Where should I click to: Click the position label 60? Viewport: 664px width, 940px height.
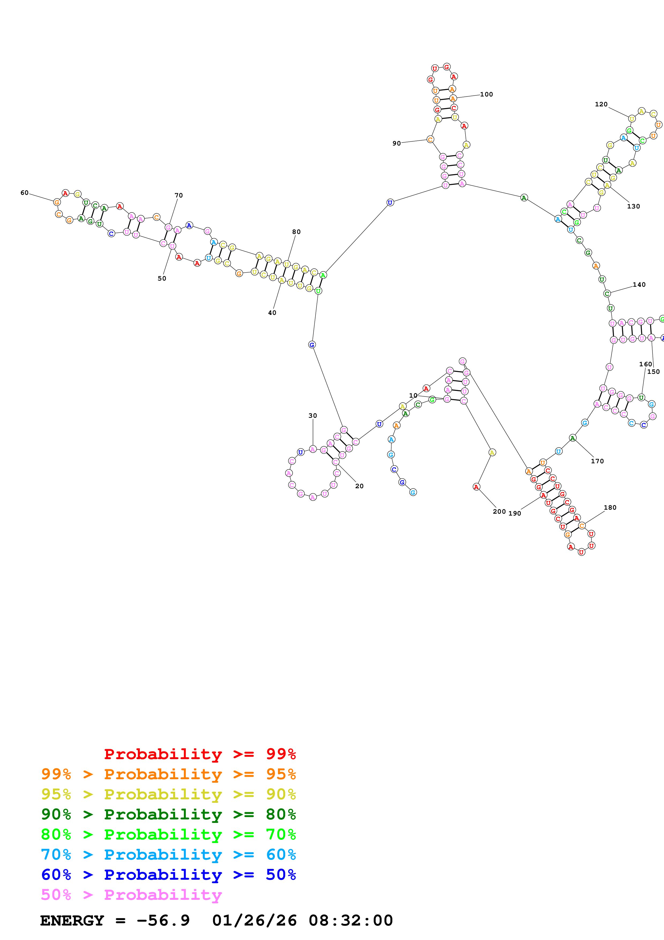[25, 193]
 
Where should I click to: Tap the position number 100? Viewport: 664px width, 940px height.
[486, 95]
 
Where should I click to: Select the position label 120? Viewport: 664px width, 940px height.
[601, 105]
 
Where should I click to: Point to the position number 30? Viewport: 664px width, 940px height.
[313, 416]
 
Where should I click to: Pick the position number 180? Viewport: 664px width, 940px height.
[610, 508]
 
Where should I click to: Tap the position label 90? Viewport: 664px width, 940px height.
[396, 143]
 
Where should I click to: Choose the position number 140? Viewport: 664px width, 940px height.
[639, 285]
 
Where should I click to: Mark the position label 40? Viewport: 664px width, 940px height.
[272, 313]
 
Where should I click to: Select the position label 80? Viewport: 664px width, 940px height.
[296, 232]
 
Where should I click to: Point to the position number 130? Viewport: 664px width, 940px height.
[633, 206]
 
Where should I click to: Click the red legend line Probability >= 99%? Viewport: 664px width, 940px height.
[200, 754]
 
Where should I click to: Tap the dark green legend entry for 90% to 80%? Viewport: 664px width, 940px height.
[168, 814]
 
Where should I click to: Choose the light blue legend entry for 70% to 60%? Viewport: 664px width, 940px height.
[168, 855]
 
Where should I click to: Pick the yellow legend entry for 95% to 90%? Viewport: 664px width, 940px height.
[168, 794]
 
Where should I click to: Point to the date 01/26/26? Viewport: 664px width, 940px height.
[254, 920]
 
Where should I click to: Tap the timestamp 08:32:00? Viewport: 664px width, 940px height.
[351, 920]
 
